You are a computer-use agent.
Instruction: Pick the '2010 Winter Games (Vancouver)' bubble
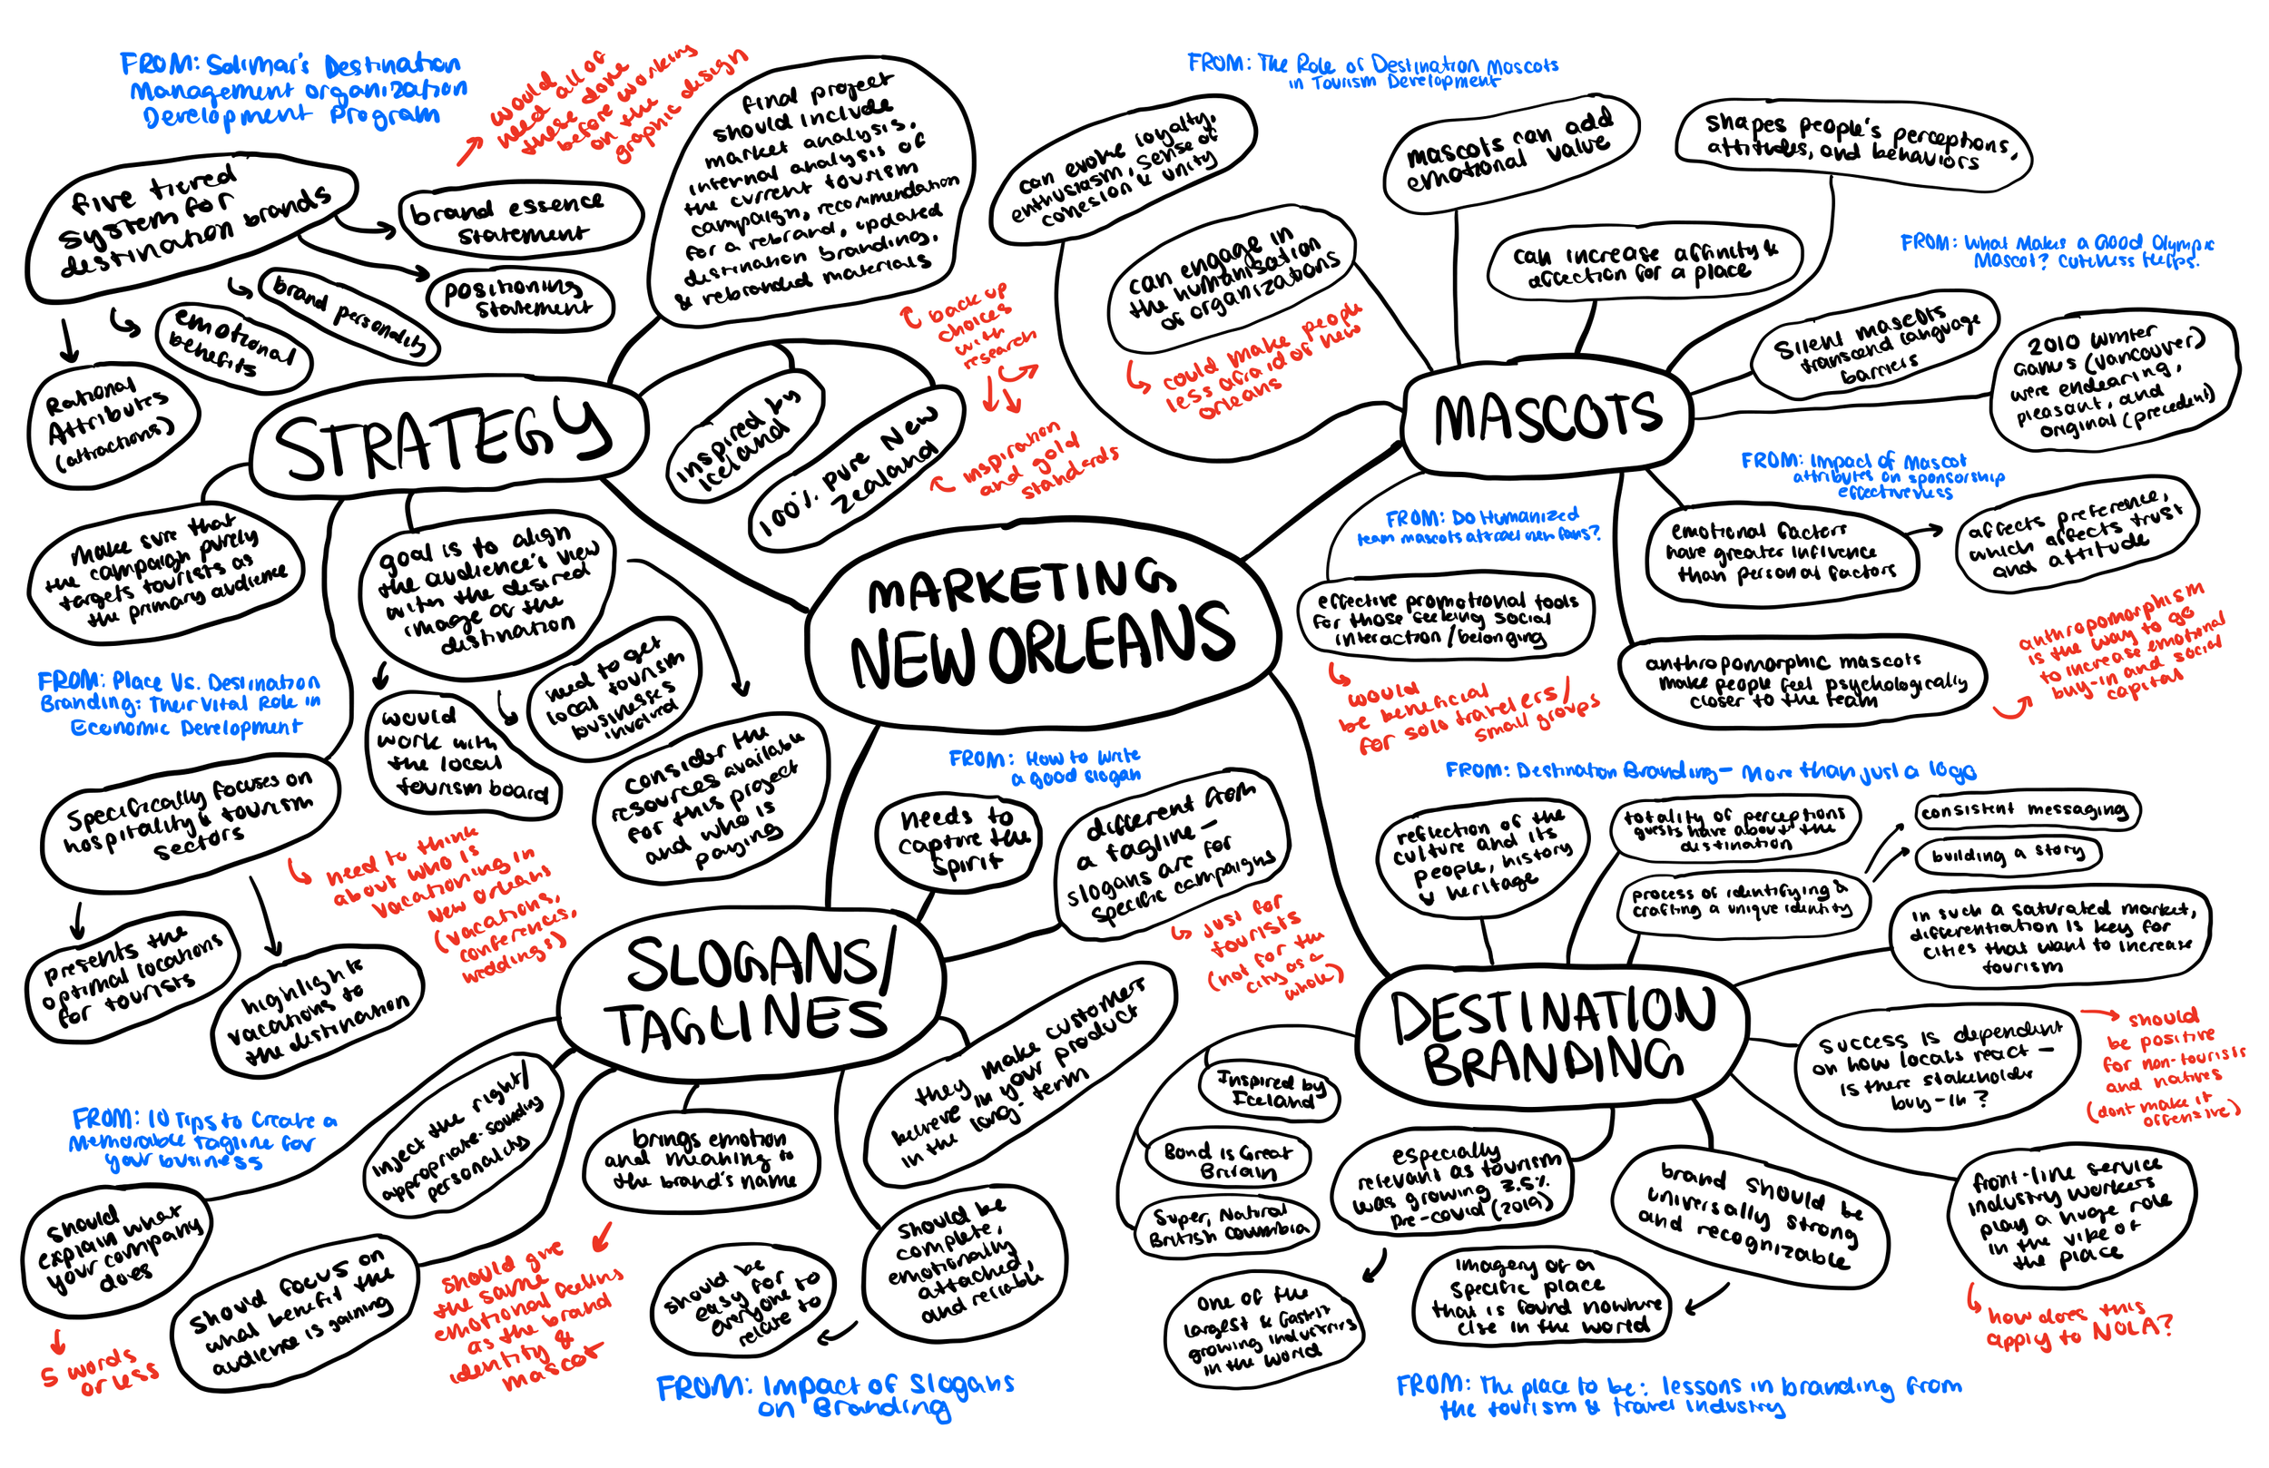pos(2113,381)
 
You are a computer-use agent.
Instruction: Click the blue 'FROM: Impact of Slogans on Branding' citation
pos(835,1395)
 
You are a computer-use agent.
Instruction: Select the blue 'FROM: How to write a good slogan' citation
pos(1045,767)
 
